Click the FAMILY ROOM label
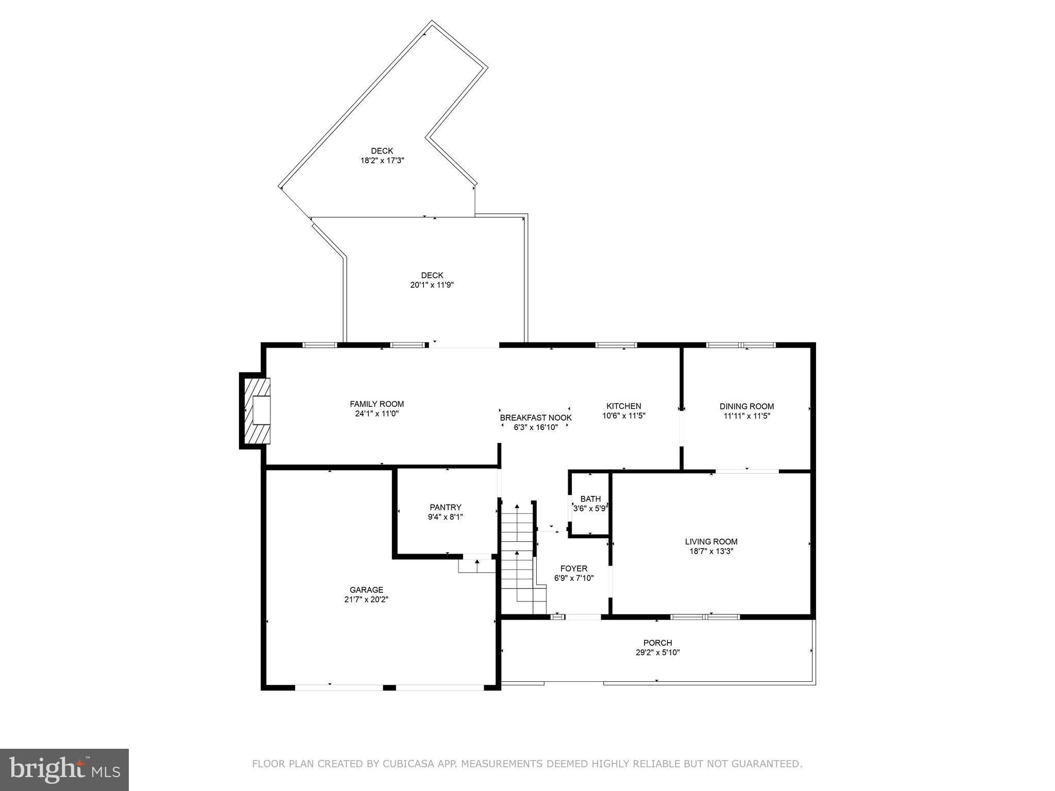pos(377,404)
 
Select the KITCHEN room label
pos(623,406)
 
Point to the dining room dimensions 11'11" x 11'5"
pos(746,416)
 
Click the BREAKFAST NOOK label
pos(536,418)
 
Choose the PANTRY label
pos(445,507)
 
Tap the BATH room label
pos(590,499)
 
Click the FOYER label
pos(573,569)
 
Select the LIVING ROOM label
pos(711,542)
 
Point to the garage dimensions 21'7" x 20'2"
pos(366,599)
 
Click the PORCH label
pos(657,643)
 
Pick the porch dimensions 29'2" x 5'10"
pos(657,652)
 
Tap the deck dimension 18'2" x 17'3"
pos(382,161)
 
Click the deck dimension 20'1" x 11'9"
pos(432,285)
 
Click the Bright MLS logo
pos(64,769)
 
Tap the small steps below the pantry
pos(477,566)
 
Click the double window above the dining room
pos(740,345)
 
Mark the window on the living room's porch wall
pos(705,616)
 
